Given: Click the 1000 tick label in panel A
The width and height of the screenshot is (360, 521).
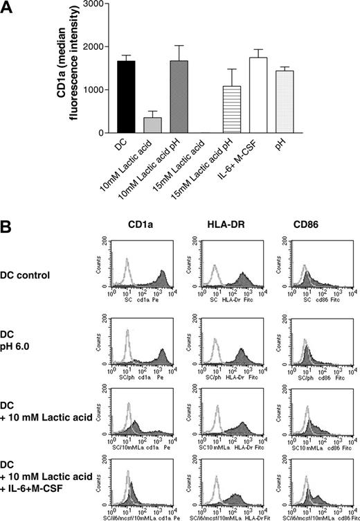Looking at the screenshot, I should point(97,90).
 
